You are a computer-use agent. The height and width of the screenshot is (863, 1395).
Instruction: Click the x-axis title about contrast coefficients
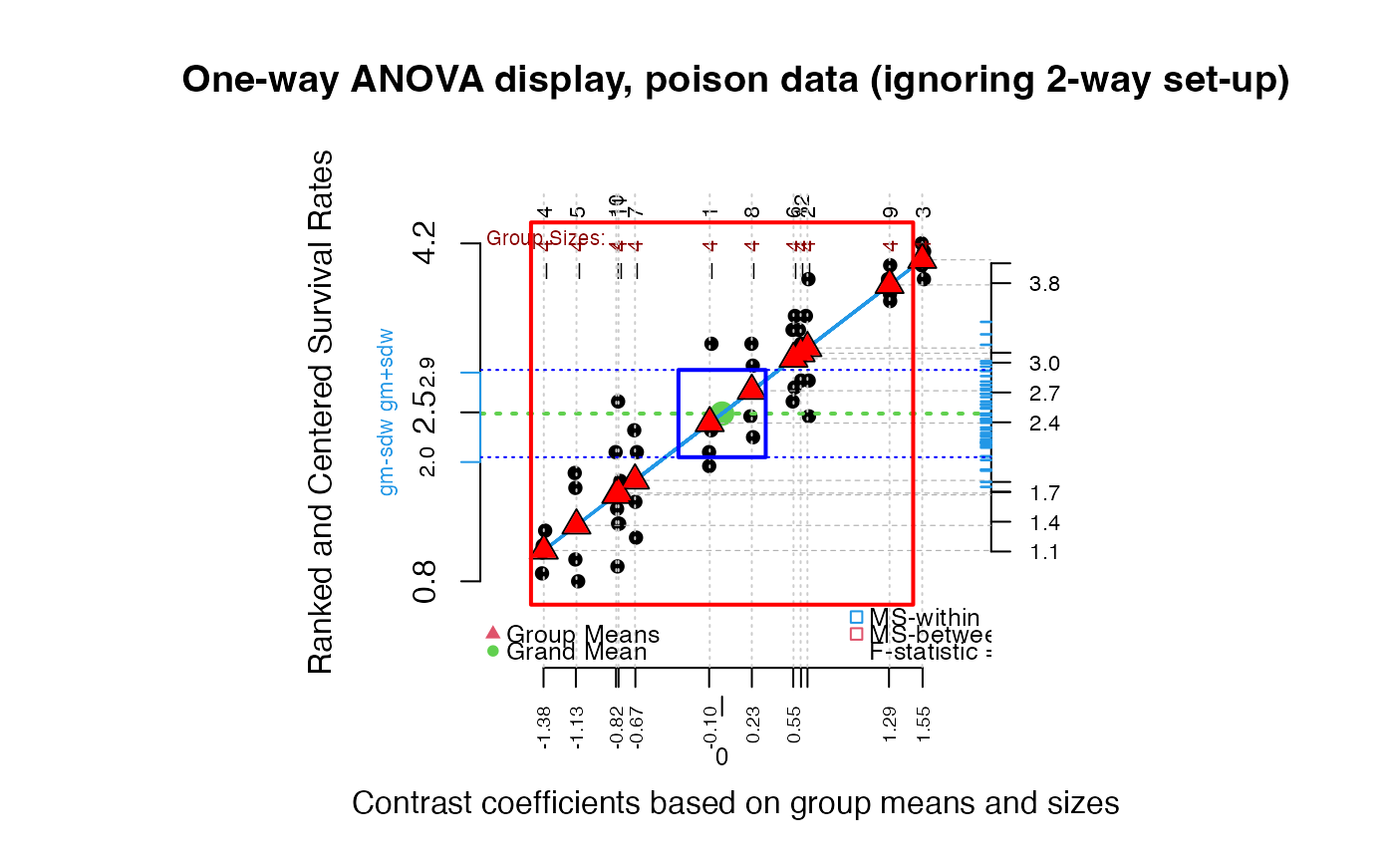coord(735,803)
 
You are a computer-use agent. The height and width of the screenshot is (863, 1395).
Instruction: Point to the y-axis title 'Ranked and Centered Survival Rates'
coord(321,412)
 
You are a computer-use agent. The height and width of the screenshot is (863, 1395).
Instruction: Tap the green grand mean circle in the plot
coord(722,413)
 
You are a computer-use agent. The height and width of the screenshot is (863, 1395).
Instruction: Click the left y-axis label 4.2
coord(425,243)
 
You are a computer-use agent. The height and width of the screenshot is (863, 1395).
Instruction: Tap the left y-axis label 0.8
coord(425,581)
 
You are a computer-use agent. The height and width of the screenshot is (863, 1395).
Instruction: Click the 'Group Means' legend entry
coord(582,635)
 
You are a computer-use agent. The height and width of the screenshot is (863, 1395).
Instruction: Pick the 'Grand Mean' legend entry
coord(576,653)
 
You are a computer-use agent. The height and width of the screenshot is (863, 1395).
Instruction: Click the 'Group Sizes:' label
coord(545,238)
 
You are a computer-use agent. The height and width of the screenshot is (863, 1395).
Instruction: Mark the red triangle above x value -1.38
coord(543,547)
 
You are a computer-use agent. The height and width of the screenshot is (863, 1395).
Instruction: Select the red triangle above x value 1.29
coord(889,282)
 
